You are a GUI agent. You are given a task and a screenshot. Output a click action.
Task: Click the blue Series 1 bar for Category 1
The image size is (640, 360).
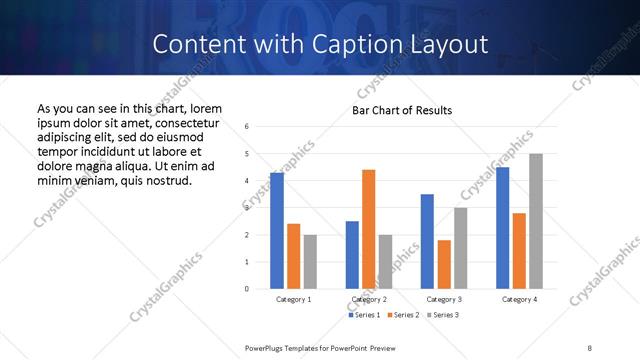(277, 230)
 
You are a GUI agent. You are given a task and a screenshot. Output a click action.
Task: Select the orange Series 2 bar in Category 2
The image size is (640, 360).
(368, 229)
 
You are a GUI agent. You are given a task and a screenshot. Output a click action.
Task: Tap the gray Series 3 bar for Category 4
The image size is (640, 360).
(536, 221)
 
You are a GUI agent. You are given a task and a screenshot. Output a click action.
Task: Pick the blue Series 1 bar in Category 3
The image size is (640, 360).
(427, 241)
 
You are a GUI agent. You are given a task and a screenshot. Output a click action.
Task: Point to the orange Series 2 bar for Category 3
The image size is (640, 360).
(444, 264)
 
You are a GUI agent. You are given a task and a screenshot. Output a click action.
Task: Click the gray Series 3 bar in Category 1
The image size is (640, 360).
(310, 261)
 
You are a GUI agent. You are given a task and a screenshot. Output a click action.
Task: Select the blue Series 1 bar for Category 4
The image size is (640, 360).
(502, 228)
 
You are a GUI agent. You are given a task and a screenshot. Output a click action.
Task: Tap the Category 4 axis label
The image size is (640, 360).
(519, 299)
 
